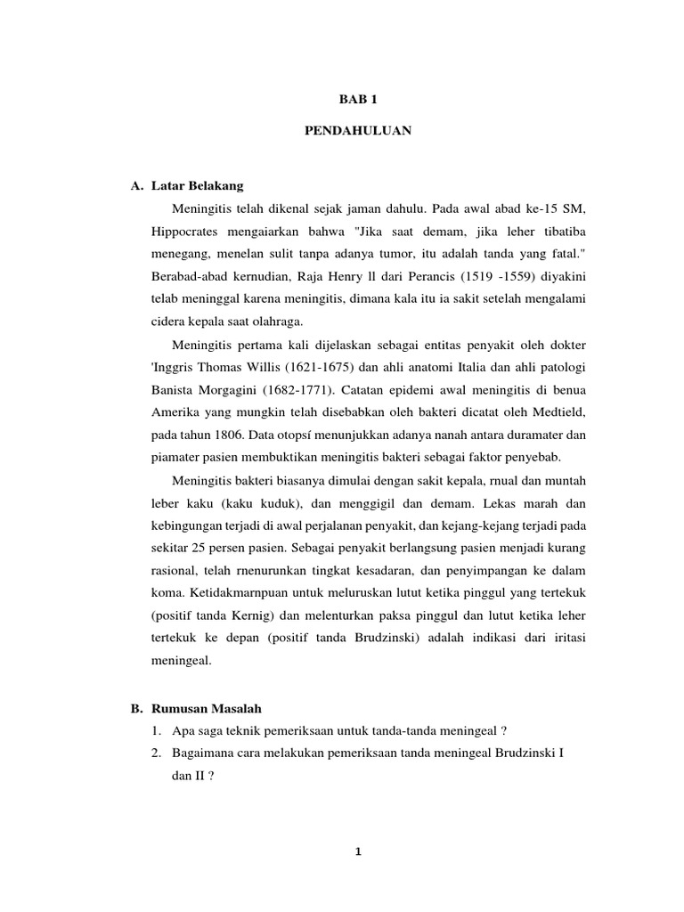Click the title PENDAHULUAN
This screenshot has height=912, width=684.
coord(345,130)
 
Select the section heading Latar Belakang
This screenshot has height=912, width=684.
coord(196,186)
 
